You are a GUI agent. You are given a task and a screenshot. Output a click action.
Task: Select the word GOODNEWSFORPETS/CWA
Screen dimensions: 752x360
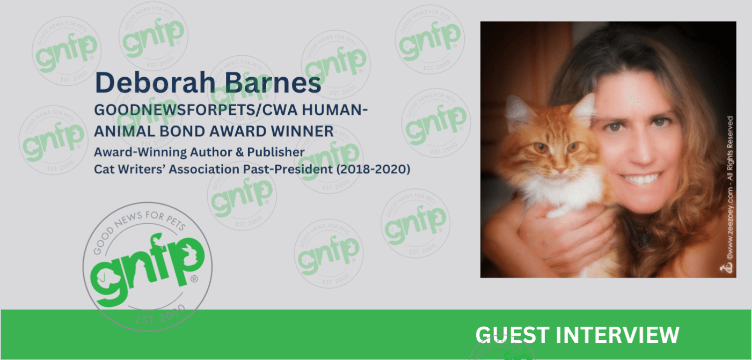click(x=196, y=110)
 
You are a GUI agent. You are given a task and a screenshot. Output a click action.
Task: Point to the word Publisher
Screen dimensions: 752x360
click(x=276, y=152)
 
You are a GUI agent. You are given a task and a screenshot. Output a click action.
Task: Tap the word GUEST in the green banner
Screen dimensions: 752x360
click(x=513, y=335)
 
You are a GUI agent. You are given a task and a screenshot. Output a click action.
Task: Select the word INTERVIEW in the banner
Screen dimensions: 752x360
click(x=618, y=335)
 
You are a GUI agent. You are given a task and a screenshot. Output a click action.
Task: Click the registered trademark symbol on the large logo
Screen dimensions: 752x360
click(x=194, y=279)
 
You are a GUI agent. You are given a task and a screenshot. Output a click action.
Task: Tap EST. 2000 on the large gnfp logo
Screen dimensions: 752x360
click(x=160, y=315)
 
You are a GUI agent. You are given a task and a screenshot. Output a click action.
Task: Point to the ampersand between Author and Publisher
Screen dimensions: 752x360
click(x=240, y=152)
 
